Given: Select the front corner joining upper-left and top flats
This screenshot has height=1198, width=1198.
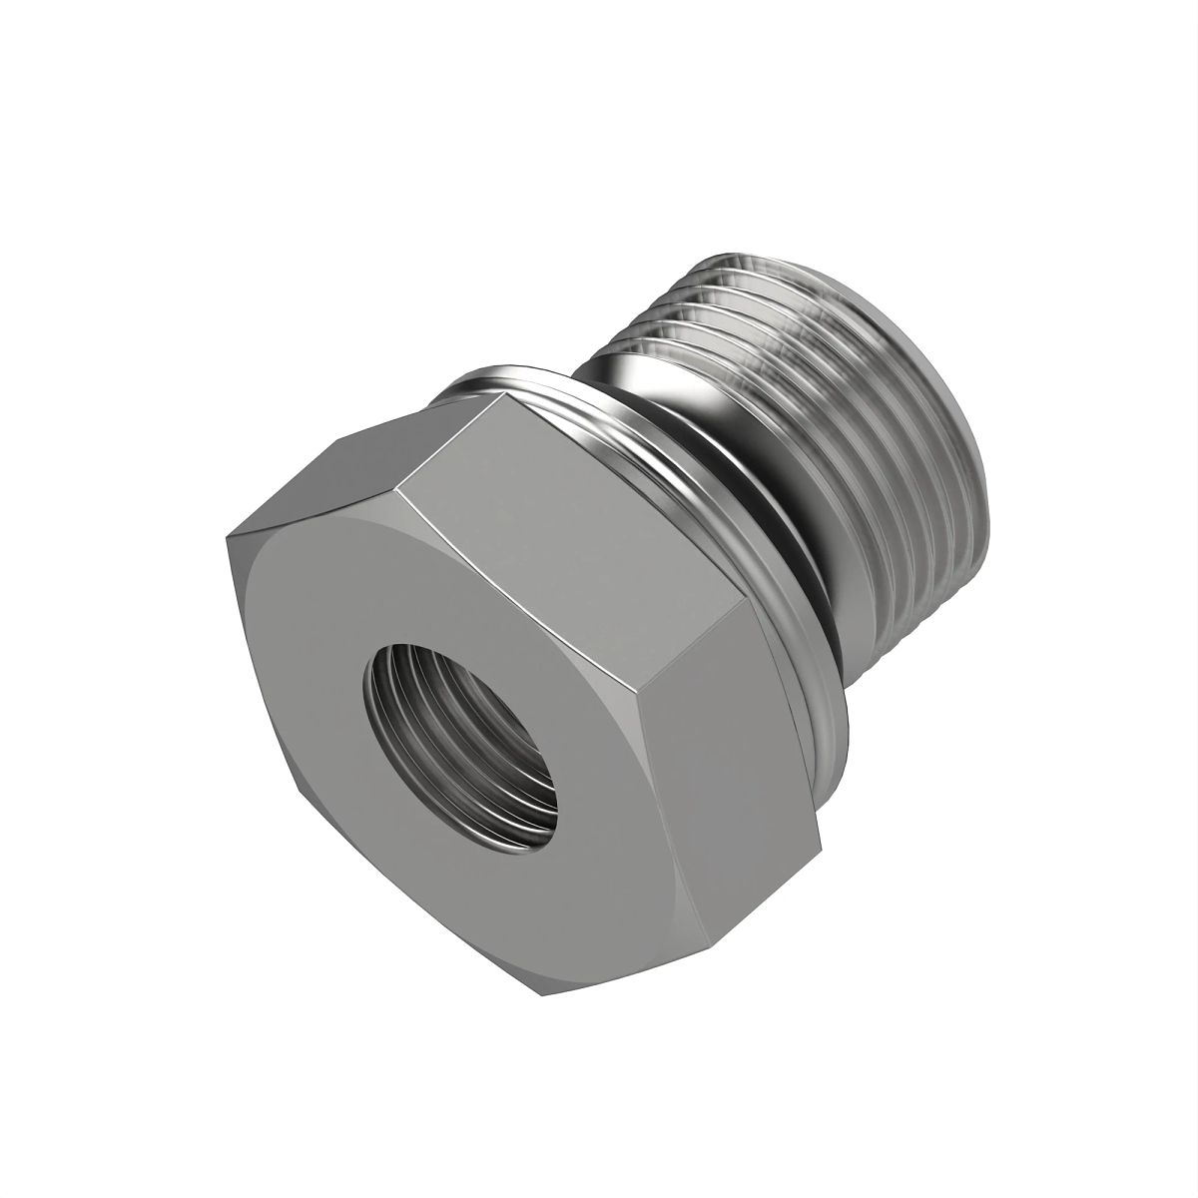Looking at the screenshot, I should [x=396, y=489].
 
